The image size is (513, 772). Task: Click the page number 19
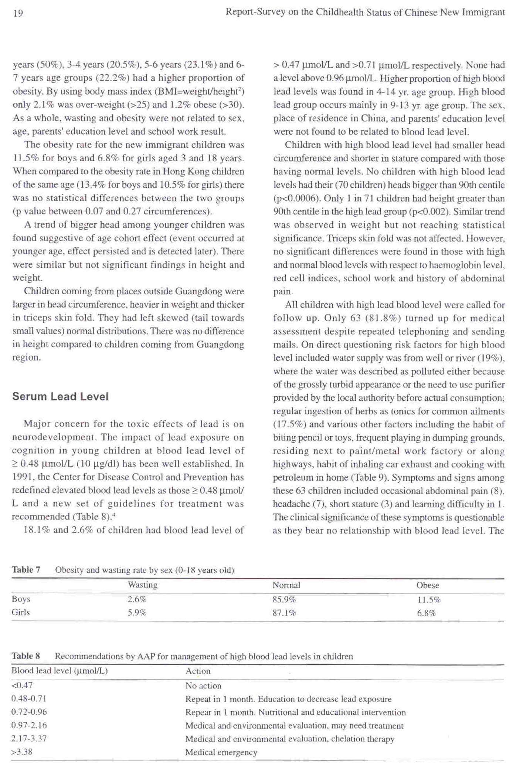point(18,14)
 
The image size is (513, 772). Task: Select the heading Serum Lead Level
point(60,396)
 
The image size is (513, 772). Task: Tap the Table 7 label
point(26,570)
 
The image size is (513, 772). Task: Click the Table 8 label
point(26,656)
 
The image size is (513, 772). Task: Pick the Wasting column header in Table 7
point(142,585)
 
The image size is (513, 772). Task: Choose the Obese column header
point(428,585)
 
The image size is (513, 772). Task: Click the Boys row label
point(21,599)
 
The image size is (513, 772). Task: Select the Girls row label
point(21,612)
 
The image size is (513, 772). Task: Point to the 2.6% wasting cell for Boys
point(137,599)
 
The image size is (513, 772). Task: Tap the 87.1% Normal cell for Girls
point(284,613)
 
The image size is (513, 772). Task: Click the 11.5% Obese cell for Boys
point(429,600)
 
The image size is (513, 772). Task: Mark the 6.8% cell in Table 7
point(427,613)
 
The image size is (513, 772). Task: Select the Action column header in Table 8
point(198,671)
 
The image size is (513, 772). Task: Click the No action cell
point(203,686)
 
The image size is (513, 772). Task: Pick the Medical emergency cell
point(221,752)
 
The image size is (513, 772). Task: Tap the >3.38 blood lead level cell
point(22,752)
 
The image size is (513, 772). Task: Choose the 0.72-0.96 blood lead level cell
point(29,712)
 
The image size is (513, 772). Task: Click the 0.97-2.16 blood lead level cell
point(29,725)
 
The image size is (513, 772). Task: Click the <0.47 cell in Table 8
point(22,685)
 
